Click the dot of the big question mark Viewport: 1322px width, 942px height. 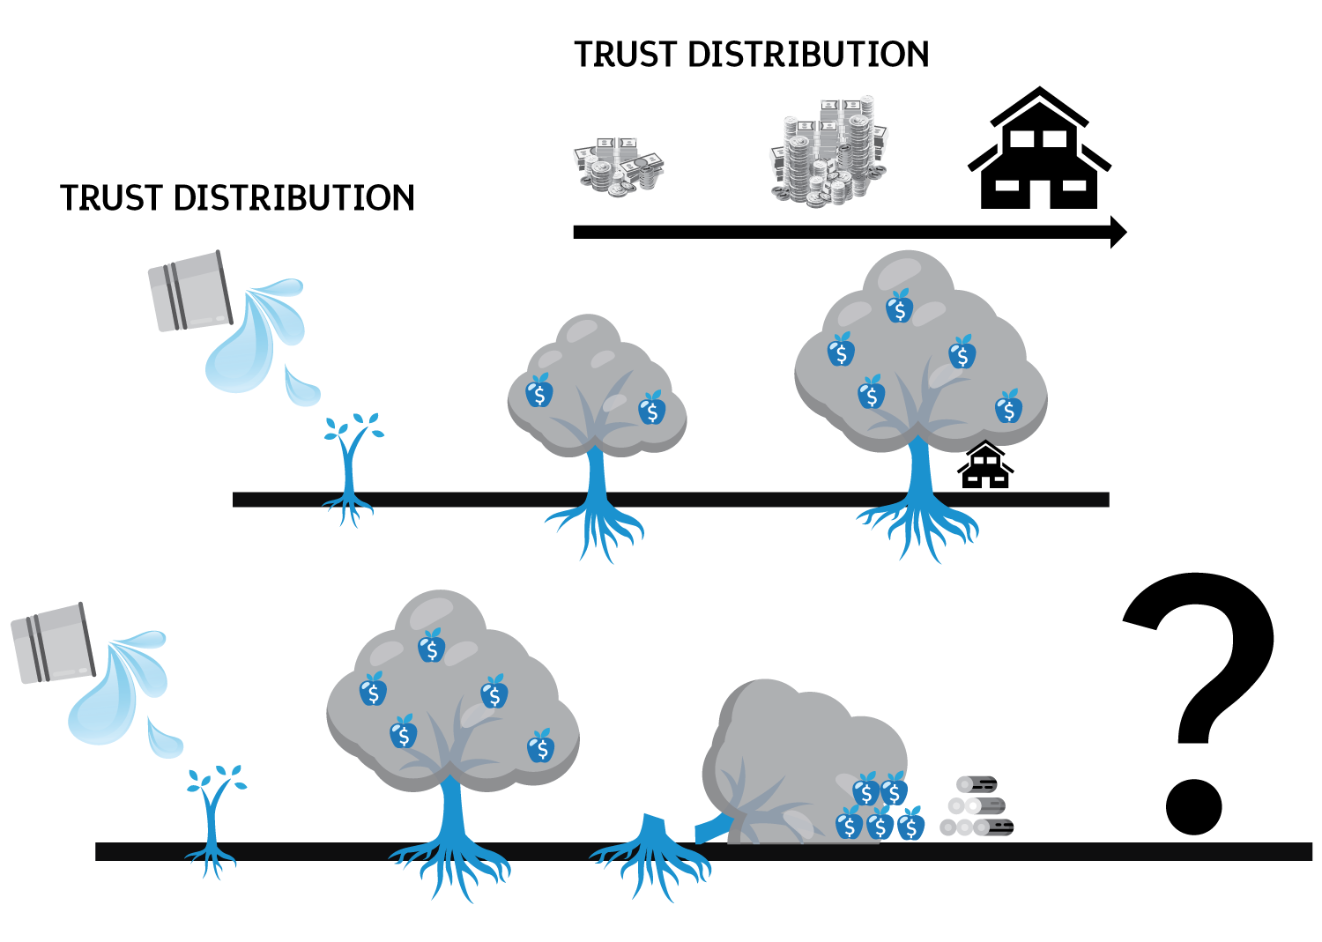1193,806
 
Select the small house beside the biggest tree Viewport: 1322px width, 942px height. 985,466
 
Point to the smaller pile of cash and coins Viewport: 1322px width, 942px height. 619,165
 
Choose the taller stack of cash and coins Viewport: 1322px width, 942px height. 828,151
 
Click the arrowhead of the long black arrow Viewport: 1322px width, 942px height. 1118,232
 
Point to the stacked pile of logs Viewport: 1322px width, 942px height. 977,806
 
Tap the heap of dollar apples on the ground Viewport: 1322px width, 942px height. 880,808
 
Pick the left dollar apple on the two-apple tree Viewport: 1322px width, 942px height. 539,392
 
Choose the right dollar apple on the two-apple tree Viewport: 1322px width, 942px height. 651,409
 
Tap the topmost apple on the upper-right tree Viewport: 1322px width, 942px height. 899,308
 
